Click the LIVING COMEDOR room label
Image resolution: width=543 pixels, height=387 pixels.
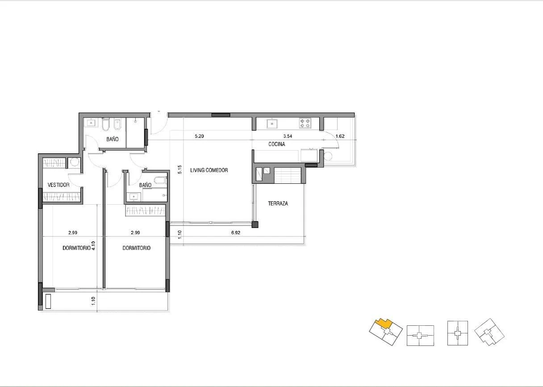pos(209,170)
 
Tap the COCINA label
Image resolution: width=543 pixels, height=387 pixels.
pos(276,144)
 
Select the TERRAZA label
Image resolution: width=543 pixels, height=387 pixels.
pos(278,204)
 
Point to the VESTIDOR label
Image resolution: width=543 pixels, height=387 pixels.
pos(58,185)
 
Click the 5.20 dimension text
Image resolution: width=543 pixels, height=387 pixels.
pos(199,136)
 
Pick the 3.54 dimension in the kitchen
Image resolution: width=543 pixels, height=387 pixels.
pos(288,136)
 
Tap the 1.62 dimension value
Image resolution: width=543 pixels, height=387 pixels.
pos(340,136)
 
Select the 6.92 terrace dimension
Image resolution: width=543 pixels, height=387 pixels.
pos(236,233)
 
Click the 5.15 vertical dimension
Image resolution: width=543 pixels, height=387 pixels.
pos(180,169)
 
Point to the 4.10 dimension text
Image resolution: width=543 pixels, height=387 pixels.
pos(94,245)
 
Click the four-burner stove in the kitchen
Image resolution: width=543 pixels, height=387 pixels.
pos(305,123)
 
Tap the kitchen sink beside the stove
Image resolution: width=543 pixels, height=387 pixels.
pos(272,124)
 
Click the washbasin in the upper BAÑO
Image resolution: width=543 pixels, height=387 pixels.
pos(91,123)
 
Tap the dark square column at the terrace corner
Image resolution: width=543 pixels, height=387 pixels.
pos(255,224)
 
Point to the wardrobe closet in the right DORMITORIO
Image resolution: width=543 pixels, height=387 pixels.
pos(145,210)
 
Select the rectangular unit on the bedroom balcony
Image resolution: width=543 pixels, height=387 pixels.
pos(48,301)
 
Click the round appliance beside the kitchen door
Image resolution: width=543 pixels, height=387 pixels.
pos(328,156)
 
